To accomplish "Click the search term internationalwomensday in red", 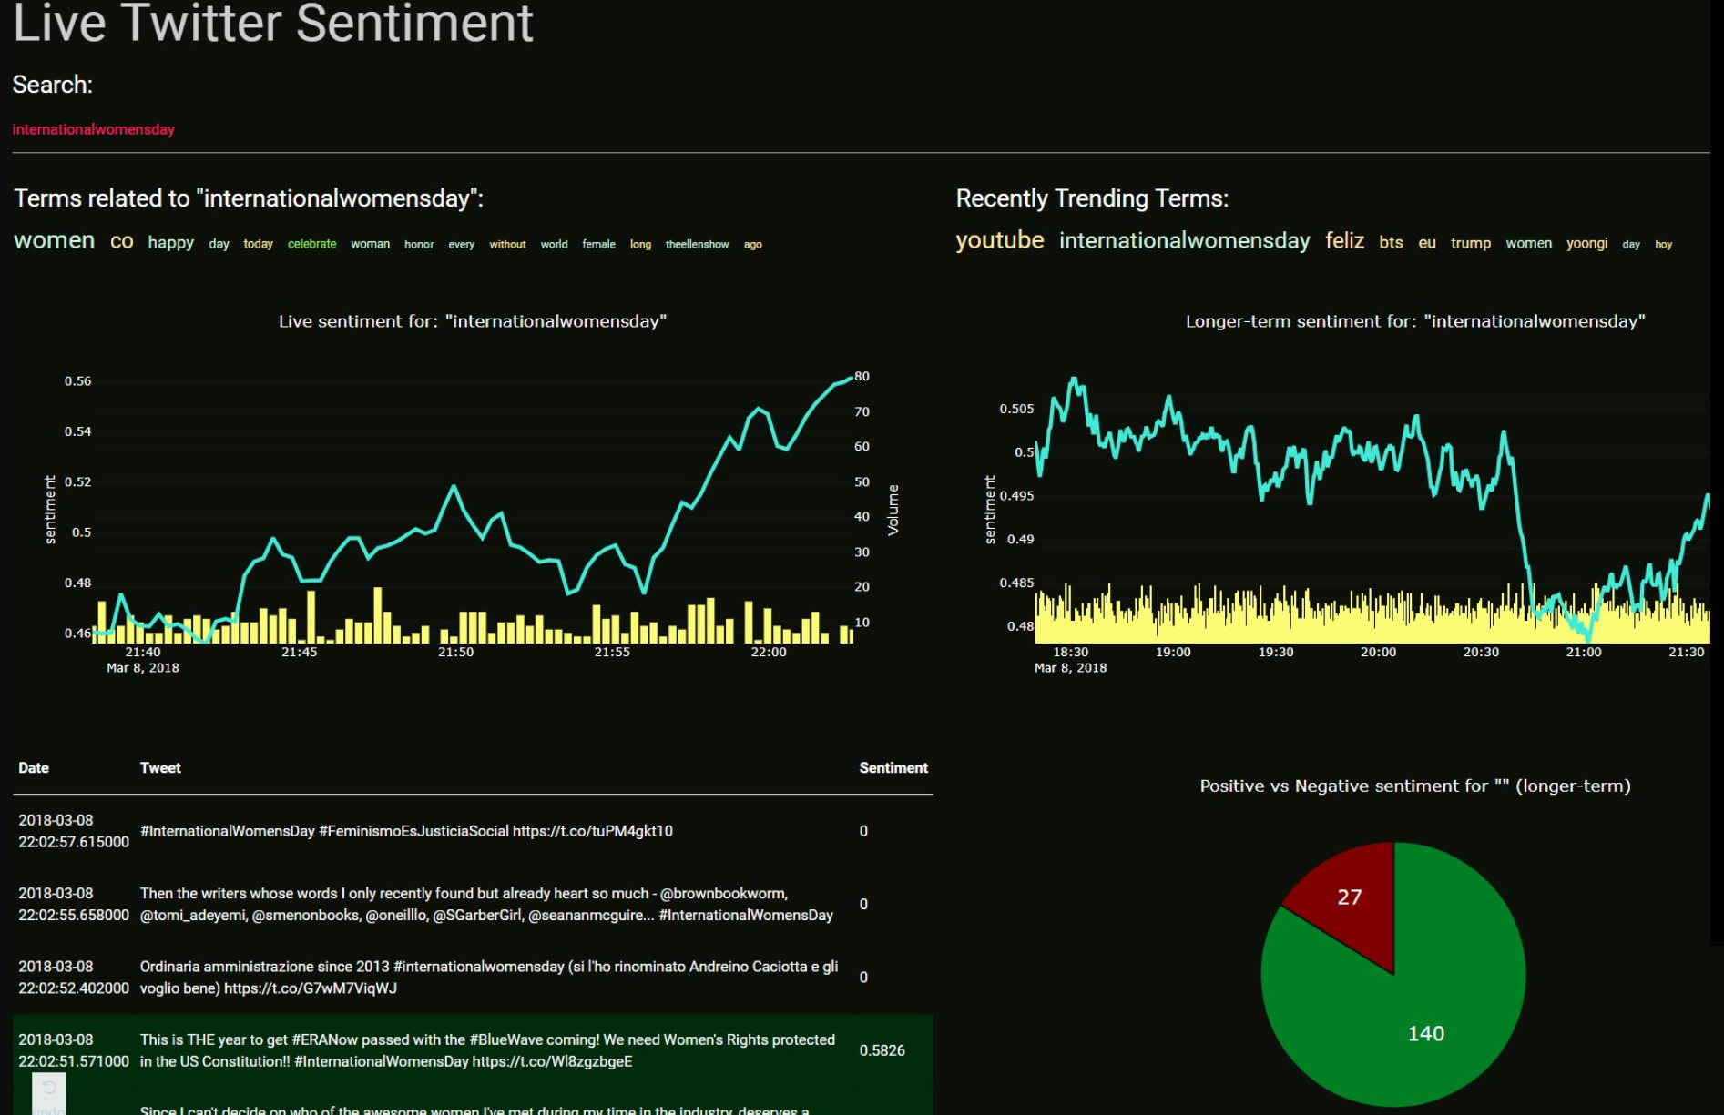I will point(93,129).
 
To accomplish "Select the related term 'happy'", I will point(170,242).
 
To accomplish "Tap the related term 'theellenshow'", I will point(697,244).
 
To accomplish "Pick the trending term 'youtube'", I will point(999,240).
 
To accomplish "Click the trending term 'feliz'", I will point(1344,241).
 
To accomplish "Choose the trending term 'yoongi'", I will point(1586,243).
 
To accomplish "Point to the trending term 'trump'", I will point(1470,243).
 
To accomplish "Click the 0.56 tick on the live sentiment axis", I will point(77,380).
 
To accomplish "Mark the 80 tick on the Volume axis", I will point(862,376).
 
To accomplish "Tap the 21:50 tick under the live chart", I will point(455,652).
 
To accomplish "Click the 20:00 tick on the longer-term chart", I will point(1378,652).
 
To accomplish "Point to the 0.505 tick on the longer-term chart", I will point(1016,409).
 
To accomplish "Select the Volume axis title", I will point(893,510).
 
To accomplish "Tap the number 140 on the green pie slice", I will point(1425,1034).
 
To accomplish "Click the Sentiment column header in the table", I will point(893,768).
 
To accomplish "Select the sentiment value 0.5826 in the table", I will point(882,1050).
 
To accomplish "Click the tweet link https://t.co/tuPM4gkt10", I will point(592,831).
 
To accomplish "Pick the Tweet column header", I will point(160,768).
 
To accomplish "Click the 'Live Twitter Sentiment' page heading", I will point(273,23).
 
